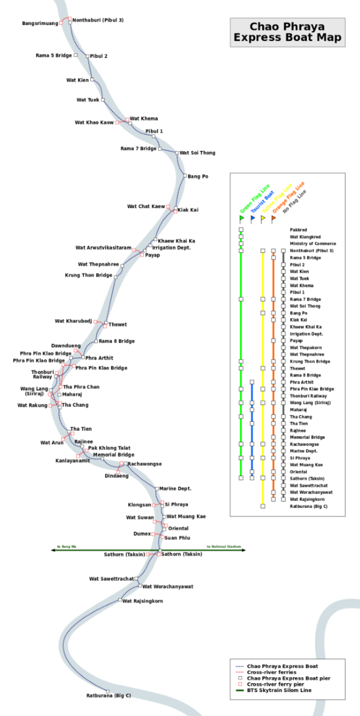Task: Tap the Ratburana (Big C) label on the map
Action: pos(108,696)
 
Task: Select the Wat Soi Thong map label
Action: pos(198,153)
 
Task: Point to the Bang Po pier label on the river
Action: pos(198,177)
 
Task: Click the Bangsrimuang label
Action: pos(40,23)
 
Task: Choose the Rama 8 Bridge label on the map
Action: pos(116,341)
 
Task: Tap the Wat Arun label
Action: pos(52,443)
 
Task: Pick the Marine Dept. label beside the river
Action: pos(176,489)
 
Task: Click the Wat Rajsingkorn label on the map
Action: pos(143,601)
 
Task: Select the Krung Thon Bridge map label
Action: pos(88,276)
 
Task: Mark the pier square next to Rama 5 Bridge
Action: pos(76,55)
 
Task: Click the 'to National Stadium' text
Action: pos(224,547)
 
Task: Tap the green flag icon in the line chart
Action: pos(242,218)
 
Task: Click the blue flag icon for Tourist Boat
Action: pos(253,218)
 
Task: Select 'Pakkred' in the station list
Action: pos(299,230)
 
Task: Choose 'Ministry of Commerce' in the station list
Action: pos(313,243)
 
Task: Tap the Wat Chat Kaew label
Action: pos(146,206)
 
